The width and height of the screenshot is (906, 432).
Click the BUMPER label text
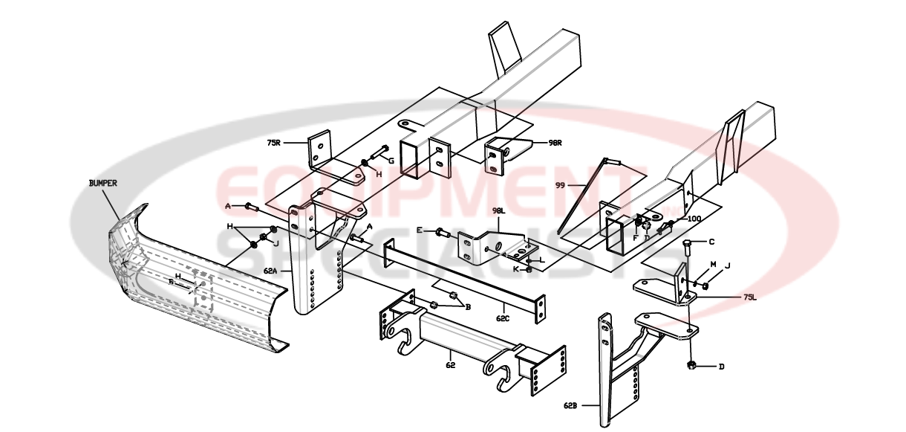(102, 182)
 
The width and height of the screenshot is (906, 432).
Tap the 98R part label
(555, 142)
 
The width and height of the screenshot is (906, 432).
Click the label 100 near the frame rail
(694, 219)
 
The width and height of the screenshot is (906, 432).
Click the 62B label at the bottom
(570, 406)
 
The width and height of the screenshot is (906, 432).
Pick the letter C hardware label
(711, 242)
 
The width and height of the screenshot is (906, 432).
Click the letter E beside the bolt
(420, 231)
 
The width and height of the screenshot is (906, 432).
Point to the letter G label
(391, 161)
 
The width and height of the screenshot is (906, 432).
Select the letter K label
(516, 268)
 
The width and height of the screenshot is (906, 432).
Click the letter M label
(714, 264)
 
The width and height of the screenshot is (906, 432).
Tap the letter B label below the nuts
(467, 306)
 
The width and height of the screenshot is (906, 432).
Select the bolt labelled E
(443, 233)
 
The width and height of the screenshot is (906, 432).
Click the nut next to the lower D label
(691, 365)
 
